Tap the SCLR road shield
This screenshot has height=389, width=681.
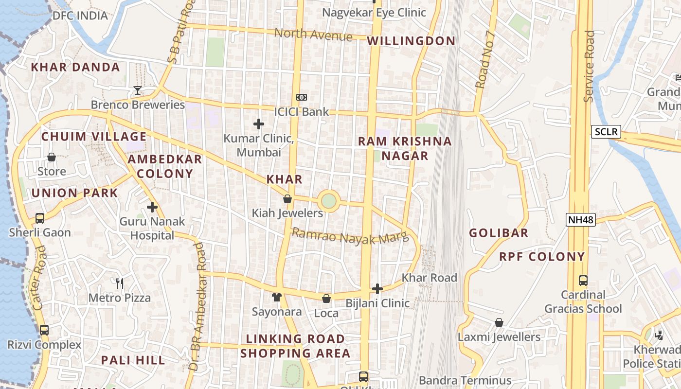(606, 131)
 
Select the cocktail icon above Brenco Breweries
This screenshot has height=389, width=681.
(138, 90)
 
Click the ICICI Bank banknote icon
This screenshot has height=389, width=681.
(302, 97)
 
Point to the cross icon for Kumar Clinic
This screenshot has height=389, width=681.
(259, 124)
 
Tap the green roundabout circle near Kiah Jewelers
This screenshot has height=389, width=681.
(328, 200)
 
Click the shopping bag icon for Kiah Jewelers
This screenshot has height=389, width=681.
(287, 199)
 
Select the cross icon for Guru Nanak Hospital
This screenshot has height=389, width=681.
(152, 207)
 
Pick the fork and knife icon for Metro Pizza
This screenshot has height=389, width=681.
(120, 283)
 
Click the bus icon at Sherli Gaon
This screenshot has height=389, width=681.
(40, 218)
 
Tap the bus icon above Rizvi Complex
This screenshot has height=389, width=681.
(44, 330)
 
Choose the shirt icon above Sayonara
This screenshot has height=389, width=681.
(276, 297)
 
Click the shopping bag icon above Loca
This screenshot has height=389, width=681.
(326, 299)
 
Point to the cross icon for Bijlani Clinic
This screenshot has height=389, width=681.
(377, 289)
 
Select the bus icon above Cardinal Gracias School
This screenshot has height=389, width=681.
(583, 281)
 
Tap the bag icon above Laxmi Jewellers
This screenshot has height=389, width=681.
(499, 322)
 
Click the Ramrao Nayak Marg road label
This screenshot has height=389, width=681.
(350, 236)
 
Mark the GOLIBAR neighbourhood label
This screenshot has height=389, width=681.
(499, 233)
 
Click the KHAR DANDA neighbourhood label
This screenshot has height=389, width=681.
(75, 67)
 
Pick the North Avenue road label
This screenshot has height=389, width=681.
(313, 35)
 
